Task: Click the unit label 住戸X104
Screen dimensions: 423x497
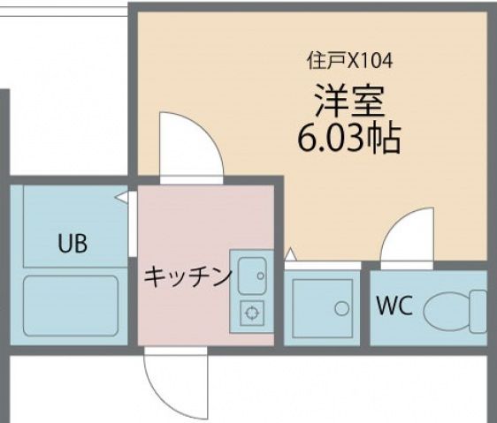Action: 349,61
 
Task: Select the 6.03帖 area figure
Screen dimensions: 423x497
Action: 348,138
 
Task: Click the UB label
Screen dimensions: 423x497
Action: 73,244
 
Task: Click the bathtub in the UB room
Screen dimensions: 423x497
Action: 71,305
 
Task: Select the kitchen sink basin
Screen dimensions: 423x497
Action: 249,274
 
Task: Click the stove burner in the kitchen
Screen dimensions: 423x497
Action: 252,311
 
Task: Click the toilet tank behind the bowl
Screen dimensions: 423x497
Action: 478,310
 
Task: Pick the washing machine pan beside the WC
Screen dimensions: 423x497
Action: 322,307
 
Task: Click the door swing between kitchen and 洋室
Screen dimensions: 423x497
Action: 188,144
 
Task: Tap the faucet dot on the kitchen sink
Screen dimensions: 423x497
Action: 261,275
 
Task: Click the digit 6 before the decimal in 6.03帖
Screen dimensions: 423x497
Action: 309,139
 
